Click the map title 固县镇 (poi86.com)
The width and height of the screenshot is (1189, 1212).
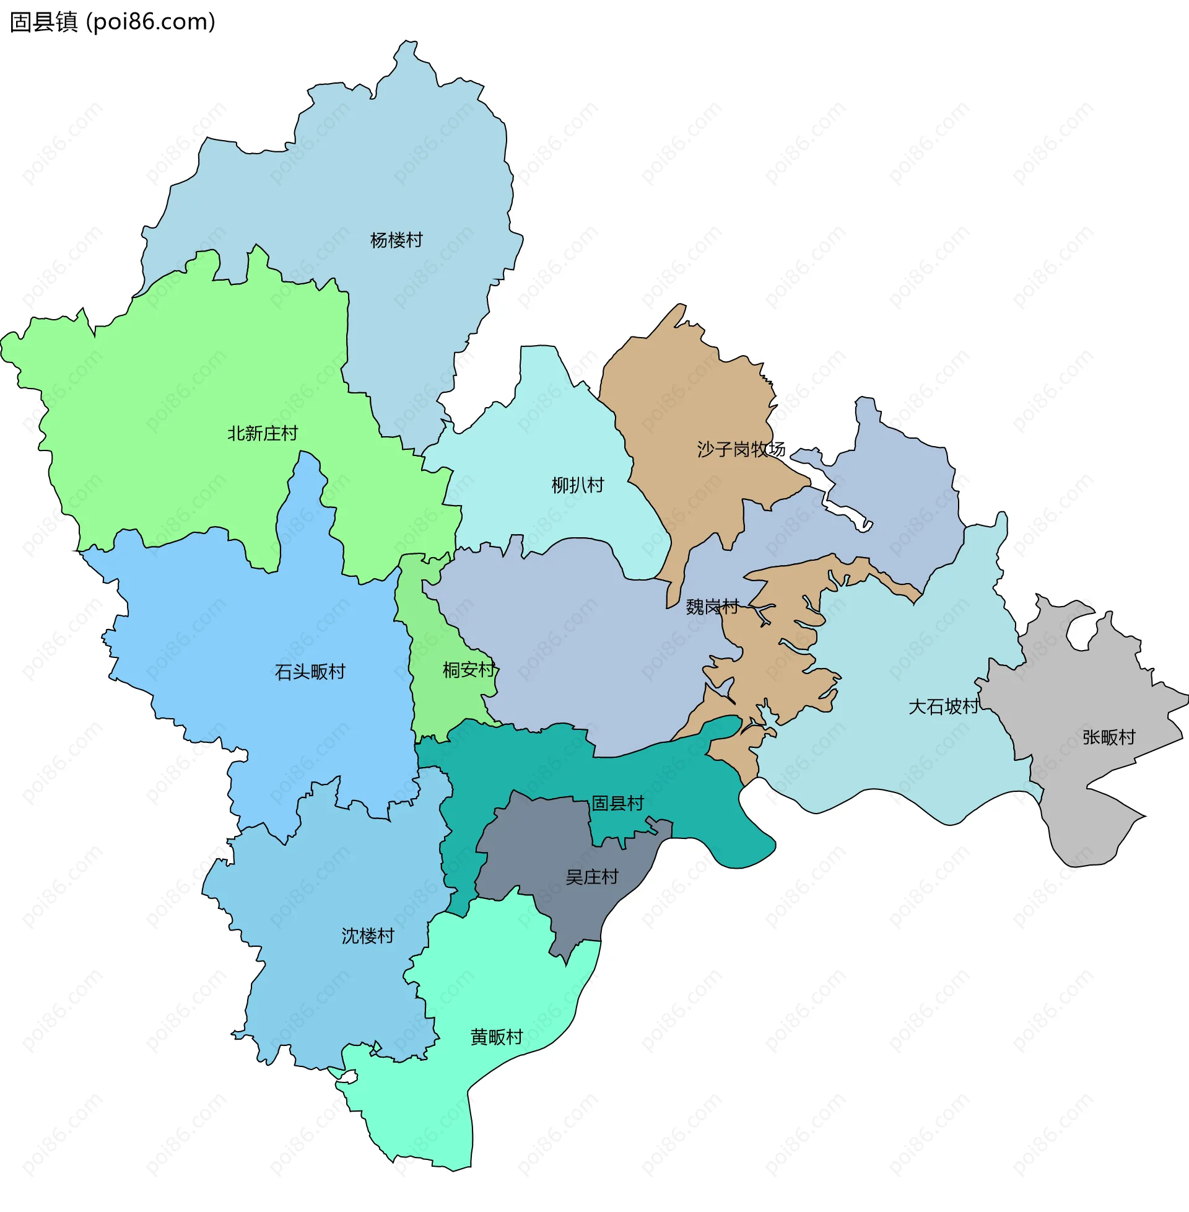(113, 22)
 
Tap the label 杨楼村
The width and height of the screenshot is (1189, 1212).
(396, 240)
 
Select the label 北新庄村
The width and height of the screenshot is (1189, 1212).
(263, 434)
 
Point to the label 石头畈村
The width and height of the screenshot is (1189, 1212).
(310, 672)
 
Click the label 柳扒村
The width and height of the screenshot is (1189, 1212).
(578, 485)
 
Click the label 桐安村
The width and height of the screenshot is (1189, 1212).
(469, 670)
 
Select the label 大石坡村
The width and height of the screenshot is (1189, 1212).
(943, 707)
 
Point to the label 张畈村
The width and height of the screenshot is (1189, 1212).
(1108, 738)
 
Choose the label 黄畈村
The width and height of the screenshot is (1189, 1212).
(497, 1038)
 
